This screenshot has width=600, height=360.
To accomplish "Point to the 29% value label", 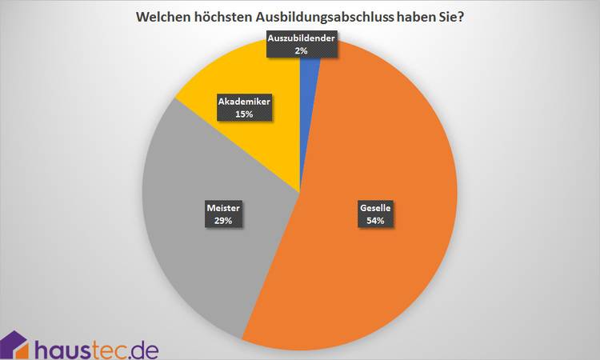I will [222, 221].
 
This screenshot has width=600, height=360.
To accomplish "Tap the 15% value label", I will [245, 114].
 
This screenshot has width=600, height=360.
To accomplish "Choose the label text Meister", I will [222, 207].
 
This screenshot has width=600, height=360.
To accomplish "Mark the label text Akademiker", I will [245, 102].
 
